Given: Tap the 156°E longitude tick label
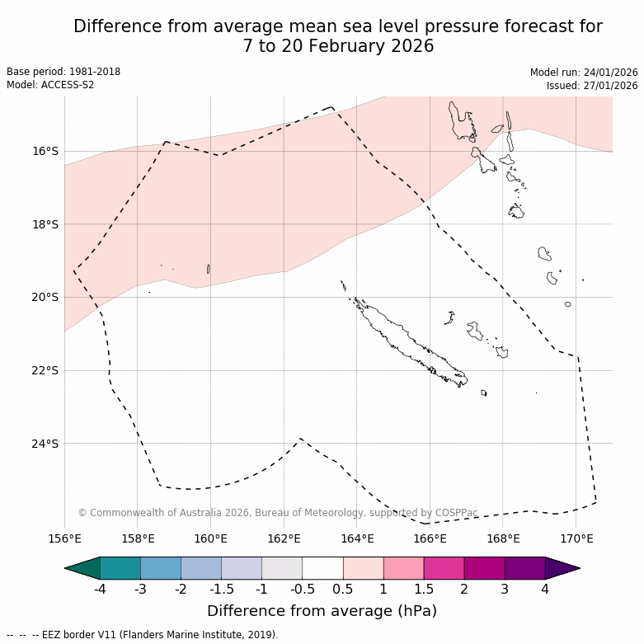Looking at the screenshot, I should point(64,539).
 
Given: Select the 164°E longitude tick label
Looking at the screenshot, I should point(357,539).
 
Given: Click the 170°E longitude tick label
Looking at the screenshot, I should point(576,539).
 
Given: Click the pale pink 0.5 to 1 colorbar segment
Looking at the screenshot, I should point(363,568).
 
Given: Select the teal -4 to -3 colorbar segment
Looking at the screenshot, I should point(120,568).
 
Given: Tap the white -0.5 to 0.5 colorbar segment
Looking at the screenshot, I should point(322,568).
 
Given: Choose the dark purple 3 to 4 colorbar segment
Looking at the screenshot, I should point(524,568).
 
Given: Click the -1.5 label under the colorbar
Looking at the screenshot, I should point(221,589).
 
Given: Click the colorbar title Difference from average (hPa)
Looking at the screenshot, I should point(322,611).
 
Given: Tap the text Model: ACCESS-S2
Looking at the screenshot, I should point(50,85).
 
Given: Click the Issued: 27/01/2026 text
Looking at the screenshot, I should point(592,85).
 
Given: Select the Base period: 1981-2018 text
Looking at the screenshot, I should point(63,72).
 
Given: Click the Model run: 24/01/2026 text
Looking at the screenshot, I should point(584,72).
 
